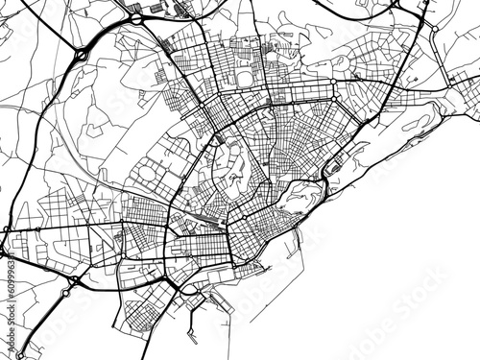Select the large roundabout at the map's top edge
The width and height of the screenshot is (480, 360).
tap(137, 16)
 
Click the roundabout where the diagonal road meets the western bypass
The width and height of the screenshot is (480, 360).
tap(80, 56)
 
